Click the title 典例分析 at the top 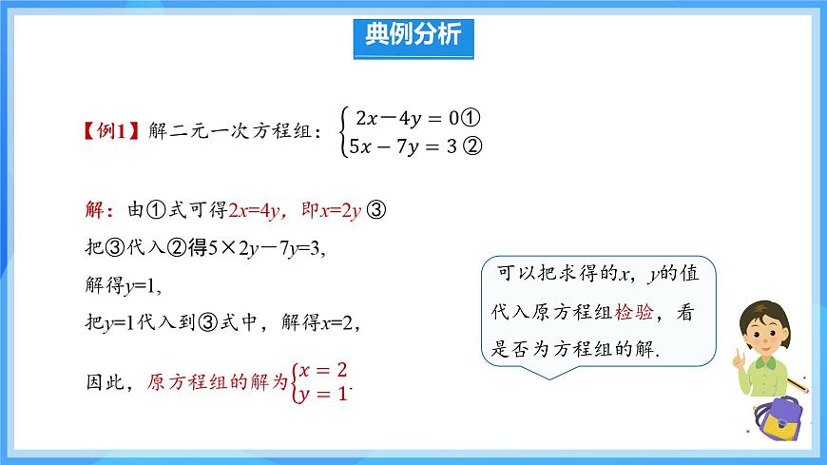click(413, 35)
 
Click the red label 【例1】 click(113, 132)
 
